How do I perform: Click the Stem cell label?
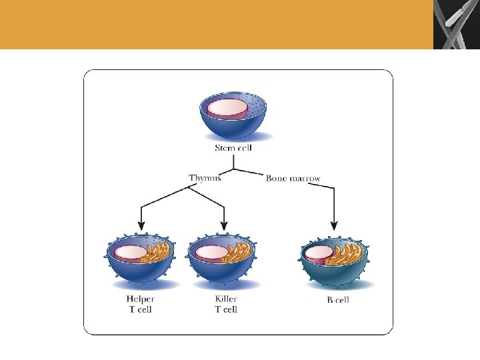pyautogui.click(x=233, y=148)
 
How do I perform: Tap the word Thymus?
pyautogui.click(x=205, y=178)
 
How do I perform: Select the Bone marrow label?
pyautogui.click(x=293, y=178)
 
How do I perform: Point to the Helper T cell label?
pyautogui.click(x=140, y=304)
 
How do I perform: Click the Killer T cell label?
pyautogui.click(x=226, y=304)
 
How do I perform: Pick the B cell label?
pyautogui.click(x=338, y=300)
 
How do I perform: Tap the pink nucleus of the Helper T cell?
pyautogui.click(x=129, y=252)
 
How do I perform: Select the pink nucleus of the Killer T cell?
pyautogui.click(x=211, y=253)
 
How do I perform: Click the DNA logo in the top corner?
pyautogui.click(x=456, y=25)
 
